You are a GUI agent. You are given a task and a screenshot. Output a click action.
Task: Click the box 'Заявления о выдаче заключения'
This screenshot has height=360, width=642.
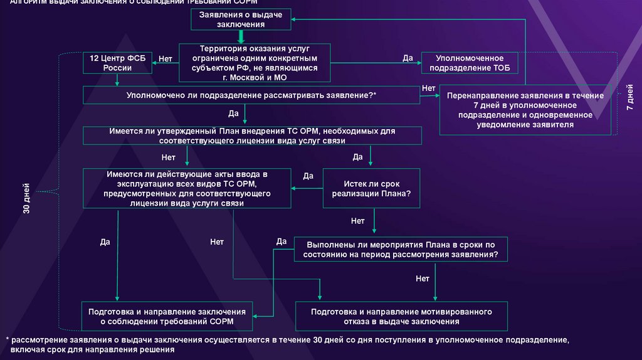click(x=241, y=19)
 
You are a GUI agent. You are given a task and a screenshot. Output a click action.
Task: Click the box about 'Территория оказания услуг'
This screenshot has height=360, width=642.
click(x=255, y=63)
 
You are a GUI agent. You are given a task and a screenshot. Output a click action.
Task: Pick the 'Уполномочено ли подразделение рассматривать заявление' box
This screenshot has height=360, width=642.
click(x=251, y=95)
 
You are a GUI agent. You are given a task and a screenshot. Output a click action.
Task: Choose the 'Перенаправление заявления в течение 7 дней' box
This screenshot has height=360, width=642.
click(x=525, y=110)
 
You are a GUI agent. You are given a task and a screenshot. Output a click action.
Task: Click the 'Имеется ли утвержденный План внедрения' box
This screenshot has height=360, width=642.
click(x=251, y=136)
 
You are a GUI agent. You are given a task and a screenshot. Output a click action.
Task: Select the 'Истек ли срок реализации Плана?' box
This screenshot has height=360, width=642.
click(x=372, y=189)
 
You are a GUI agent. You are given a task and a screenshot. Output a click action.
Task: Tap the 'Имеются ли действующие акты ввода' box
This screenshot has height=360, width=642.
click(x=187, y=188)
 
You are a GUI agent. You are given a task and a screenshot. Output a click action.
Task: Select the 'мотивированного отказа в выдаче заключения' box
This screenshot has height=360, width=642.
click(x=401, y=316)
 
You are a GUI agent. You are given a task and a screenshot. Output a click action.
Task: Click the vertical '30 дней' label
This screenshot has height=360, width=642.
click(x=26, y=200)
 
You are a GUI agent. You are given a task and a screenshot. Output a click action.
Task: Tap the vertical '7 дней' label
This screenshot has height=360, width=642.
click(x=629, y=98)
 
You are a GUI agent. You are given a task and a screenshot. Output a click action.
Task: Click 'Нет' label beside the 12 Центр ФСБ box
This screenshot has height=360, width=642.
click(x=166, y=58)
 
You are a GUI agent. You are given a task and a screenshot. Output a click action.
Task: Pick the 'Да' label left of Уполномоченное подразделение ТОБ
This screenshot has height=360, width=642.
click(x=407, y=58)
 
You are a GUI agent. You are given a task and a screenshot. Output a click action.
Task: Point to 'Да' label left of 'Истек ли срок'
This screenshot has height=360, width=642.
click(x=308, y=176)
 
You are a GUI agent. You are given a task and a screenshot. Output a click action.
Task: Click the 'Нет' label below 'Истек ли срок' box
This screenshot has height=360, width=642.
click(x=357, y=221)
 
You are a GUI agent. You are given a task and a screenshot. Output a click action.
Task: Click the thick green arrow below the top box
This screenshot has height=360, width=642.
click(x=241, y=36)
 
